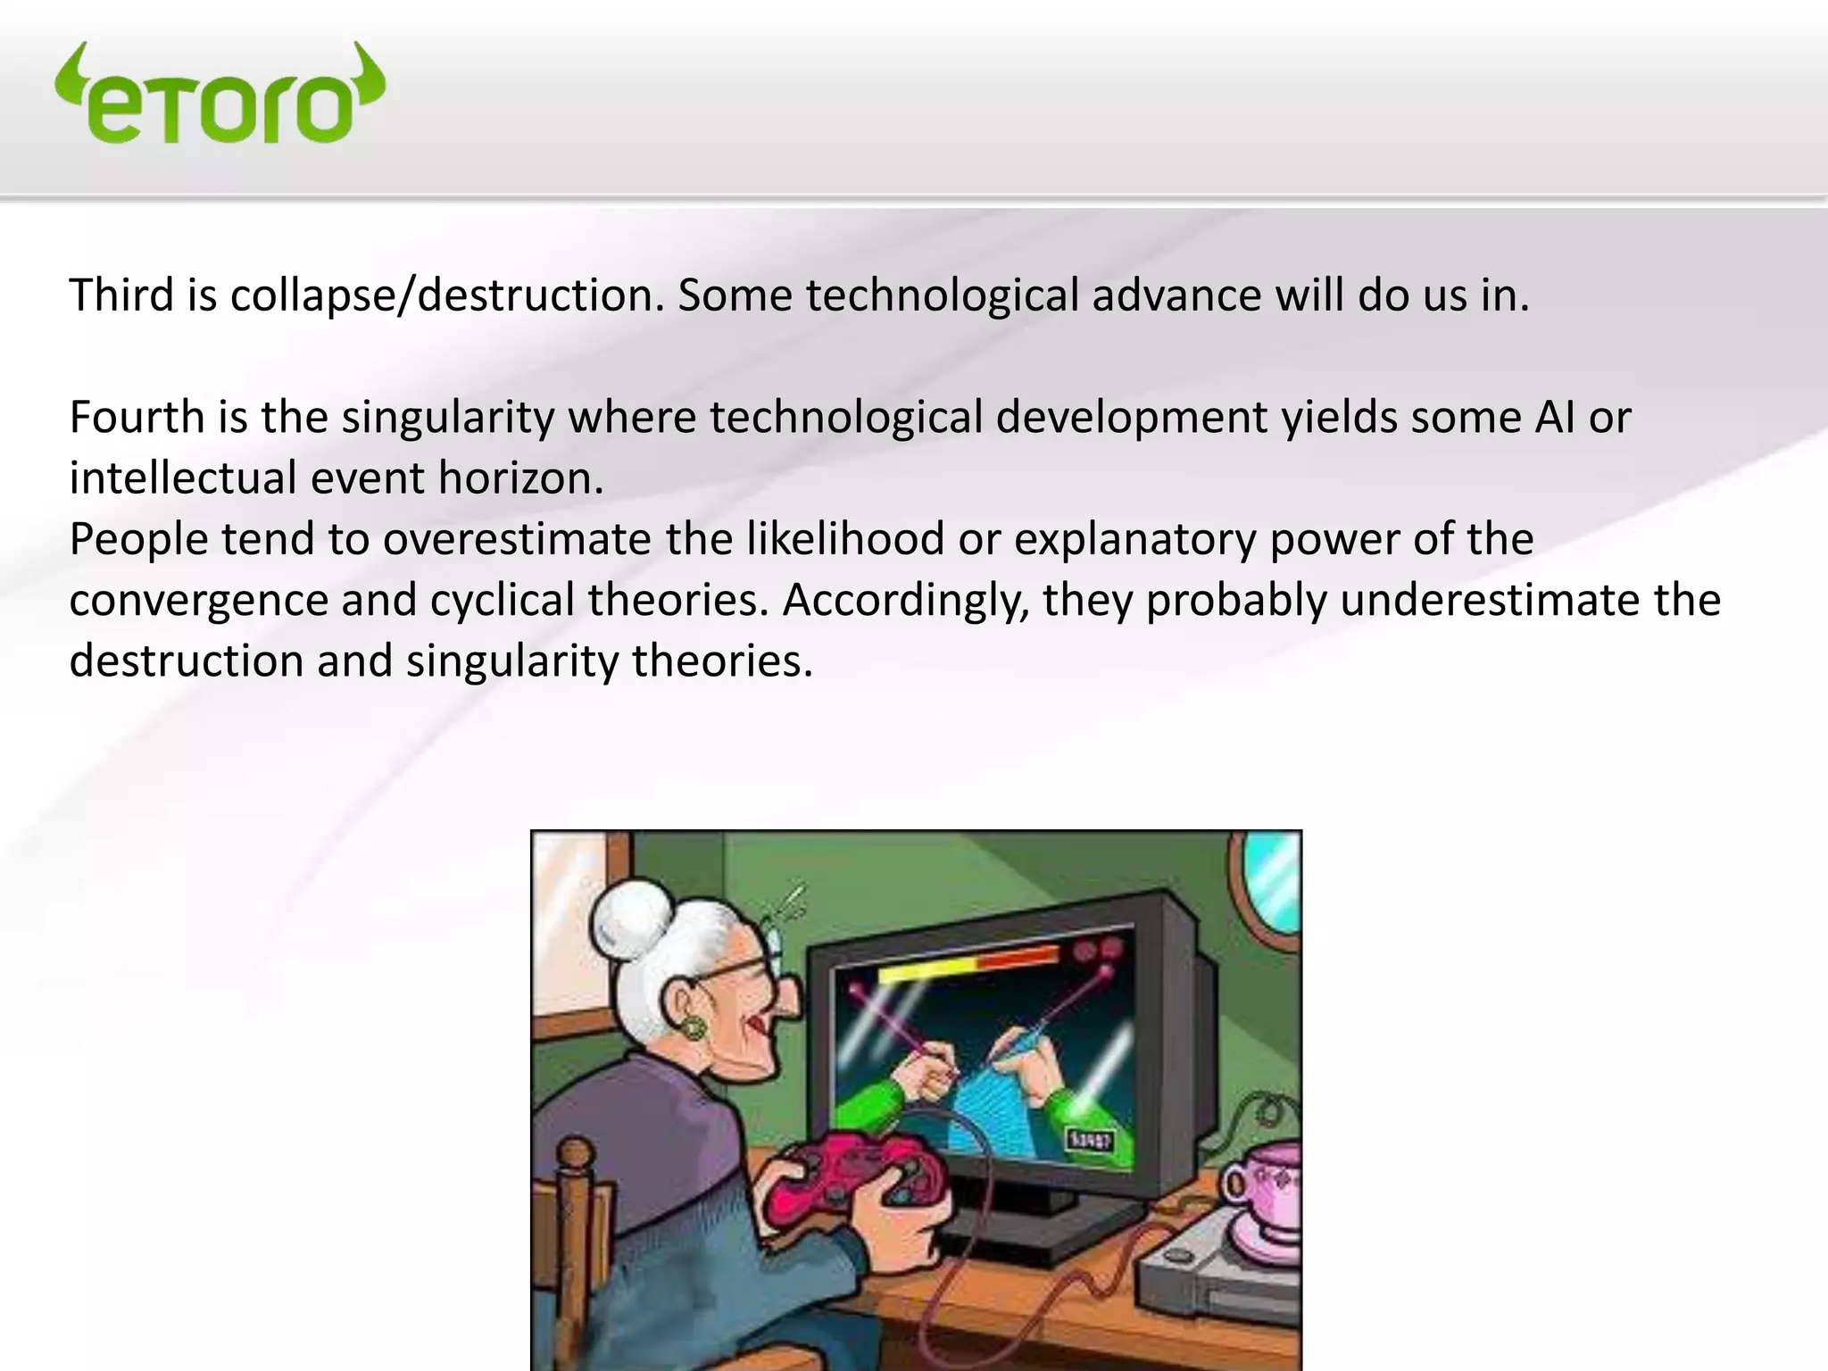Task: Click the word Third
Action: [x=121, y=295]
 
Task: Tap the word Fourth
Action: [x=136, y=418]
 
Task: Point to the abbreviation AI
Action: [x=1555, y=418]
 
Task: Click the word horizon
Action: [x=519, y=478]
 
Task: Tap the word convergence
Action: [x=198, y=600]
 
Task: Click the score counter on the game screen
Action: [x=1089, y=1141]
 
